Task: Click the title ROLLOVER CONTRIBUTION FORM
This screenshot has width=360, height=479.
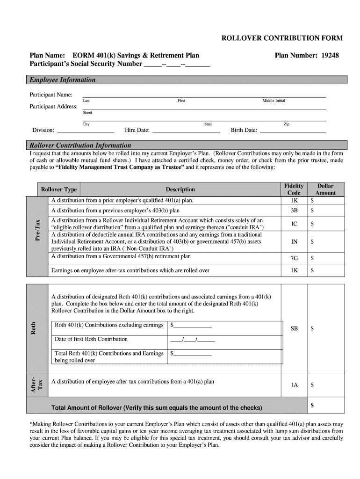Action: pyautogui.click(x=282, y=38)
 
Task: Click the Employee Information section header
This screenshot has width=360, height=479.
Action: pyautogui.click(x=63, y=80)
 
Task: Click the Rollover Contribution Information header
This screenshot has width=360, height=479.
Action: pyautogui.click(x=80, y=145)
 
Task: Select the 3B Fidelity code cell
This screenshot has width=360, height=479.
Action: pyautogui.click(x=294, y=211)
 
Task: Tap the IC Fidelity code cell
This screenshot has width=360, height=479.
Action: pyautogui.click(x=294, y=224)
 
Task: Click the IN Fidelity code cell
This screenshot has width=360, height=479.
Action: pyautogui.click(x=294, y=242)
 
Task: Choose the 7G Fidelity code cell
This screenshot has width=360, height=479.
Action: pyautogui.click(x=294, y=258)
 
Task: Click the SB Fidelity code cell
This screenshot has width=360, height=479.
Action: pyautogui.click(x=294, y=329)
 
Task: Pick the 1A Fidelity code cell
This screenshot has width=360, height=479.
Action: pyautogui.click(x=294, y=385)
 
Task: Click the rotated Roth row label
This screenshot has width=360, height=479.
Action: pyautogui.click(x=33, y=327)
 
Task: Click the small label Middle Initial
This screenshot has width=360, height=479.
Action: pyautogui.click(x=274, y=101)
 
